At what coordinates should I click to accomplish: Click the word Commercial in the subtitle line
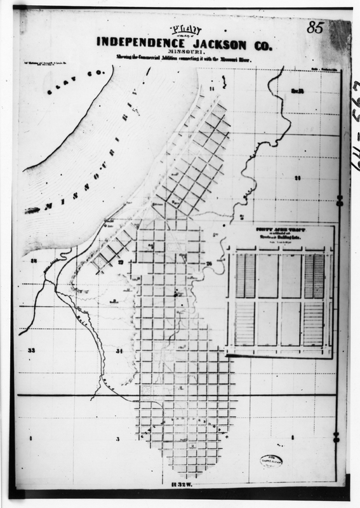coord(161,58)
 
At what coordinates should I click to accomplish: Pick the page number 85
coord(315,28)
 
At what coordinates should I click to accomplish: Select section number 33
coord(30,350)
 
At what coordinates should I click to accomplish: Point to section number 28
coord(33,261)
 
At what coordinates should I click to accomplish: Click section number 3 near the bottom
coord(117,439)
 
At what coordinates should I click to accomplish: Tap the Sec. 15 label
coord(298,91)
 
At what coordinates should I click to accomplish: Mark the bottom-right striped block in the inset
coord(314,323)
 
